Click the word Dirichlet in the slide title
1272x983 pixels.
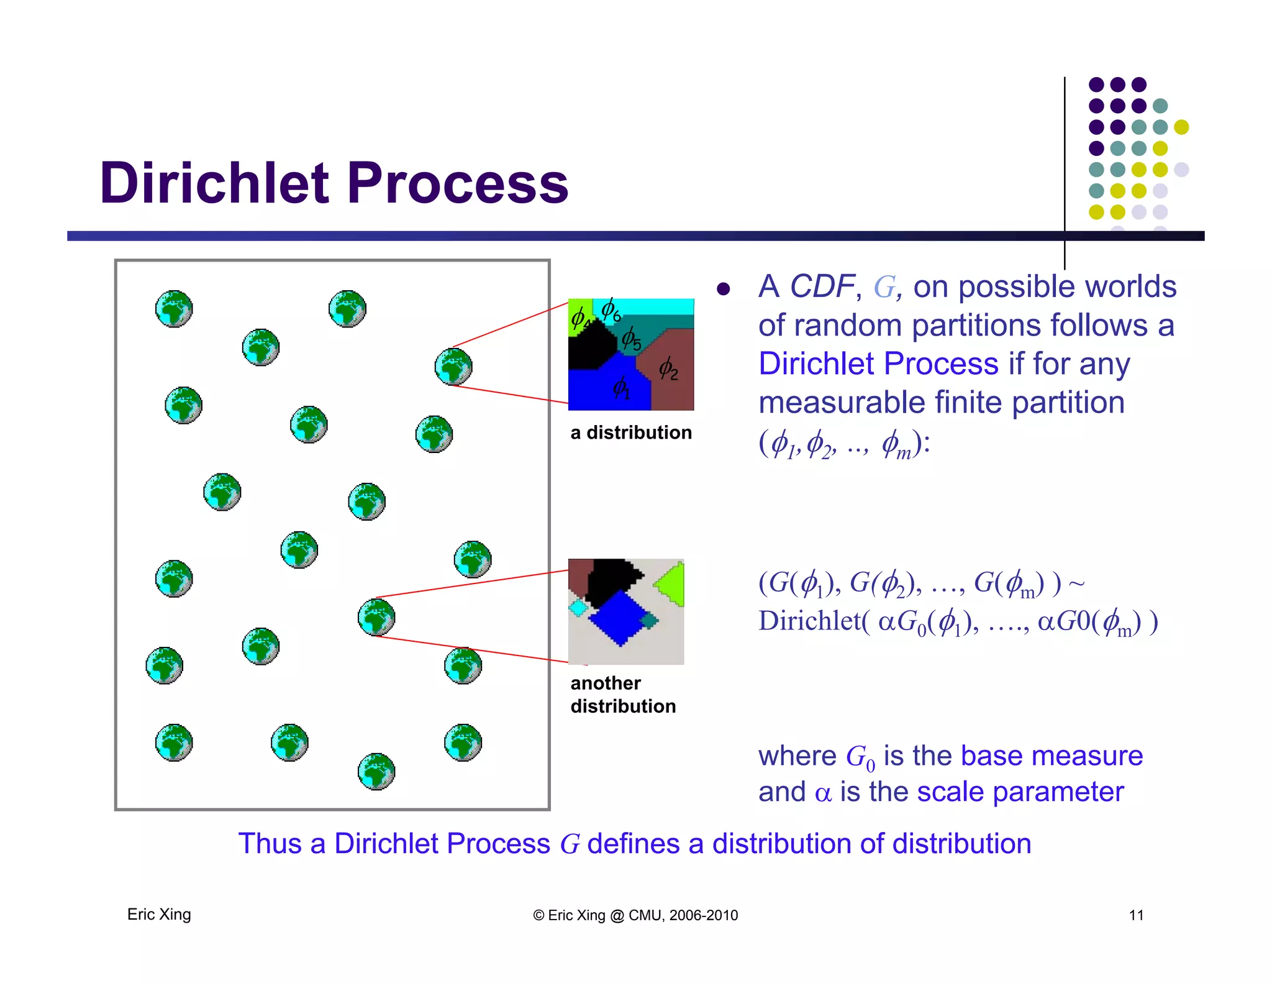214,183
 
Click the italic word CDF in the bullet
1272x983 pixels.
822,286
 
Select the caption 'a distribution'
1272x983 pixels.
631,432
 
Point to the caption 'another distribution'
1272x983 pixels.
623,695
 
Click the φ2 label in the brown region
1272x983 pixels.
668,368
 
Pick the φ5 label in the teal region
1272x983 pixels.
631,339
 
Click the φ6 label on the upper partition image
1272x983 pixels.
611,309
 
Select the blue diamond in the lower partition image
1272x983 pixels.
618,618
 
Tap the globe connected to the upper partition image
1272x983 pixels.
453,367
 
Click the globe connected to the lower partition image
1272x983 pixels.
376,617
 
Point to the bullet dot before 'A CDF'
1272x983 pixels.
723,289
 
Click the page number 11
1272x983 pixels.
1136,915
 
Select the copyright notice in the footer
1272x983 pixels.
635,915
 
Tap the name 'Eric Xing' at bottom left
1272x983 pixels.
159,915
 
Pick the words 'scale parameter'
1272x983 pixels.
1020,792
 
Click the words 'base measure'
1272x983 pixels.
1051,756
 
